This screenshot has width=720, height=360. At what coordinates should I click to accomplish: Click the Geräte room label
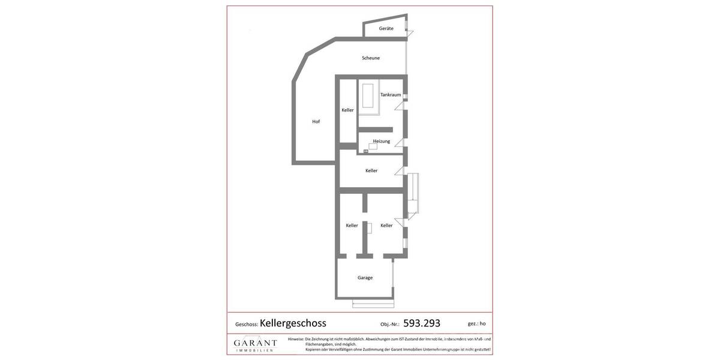(386, 29)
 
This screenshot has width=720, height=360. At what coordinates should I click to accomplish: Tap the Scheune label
(371, 58)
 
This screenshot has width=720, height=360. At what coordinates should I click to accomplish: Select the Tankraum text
(391, 95)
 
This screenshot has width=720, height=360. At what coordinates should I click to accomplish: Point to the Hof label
(316, 122)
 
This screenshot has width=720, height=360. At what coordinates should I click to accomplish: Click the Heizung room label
(382, 142)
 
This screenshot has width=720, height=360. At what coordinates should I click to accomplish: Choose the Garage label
(365, 278)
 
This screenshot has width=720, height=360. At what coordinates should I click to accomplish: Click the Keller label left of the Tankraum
(348, 110)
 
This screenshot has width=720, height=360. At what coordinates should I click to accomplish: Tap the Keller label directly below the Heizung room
(371, 171)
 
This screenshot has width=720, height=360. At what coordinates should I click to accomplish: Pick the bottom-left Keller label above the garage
(352, 226)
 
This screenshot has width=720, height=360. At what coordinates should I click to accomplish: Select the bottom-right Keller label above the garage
(386, 226)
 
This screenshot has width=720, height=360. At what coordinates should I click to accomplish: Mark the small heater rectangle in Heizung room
(373, 146)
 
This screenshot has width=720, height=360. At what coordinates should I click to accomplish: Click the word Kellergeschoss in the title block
(293, 323)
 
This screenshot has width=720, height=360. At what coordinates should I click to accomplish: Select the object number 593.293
(421, 323)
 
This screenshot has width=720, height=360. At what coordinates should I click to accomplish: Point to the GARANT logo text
(255, 343)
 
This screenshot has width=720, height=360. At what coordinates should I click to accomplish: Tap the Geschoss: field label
(247, 325)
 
